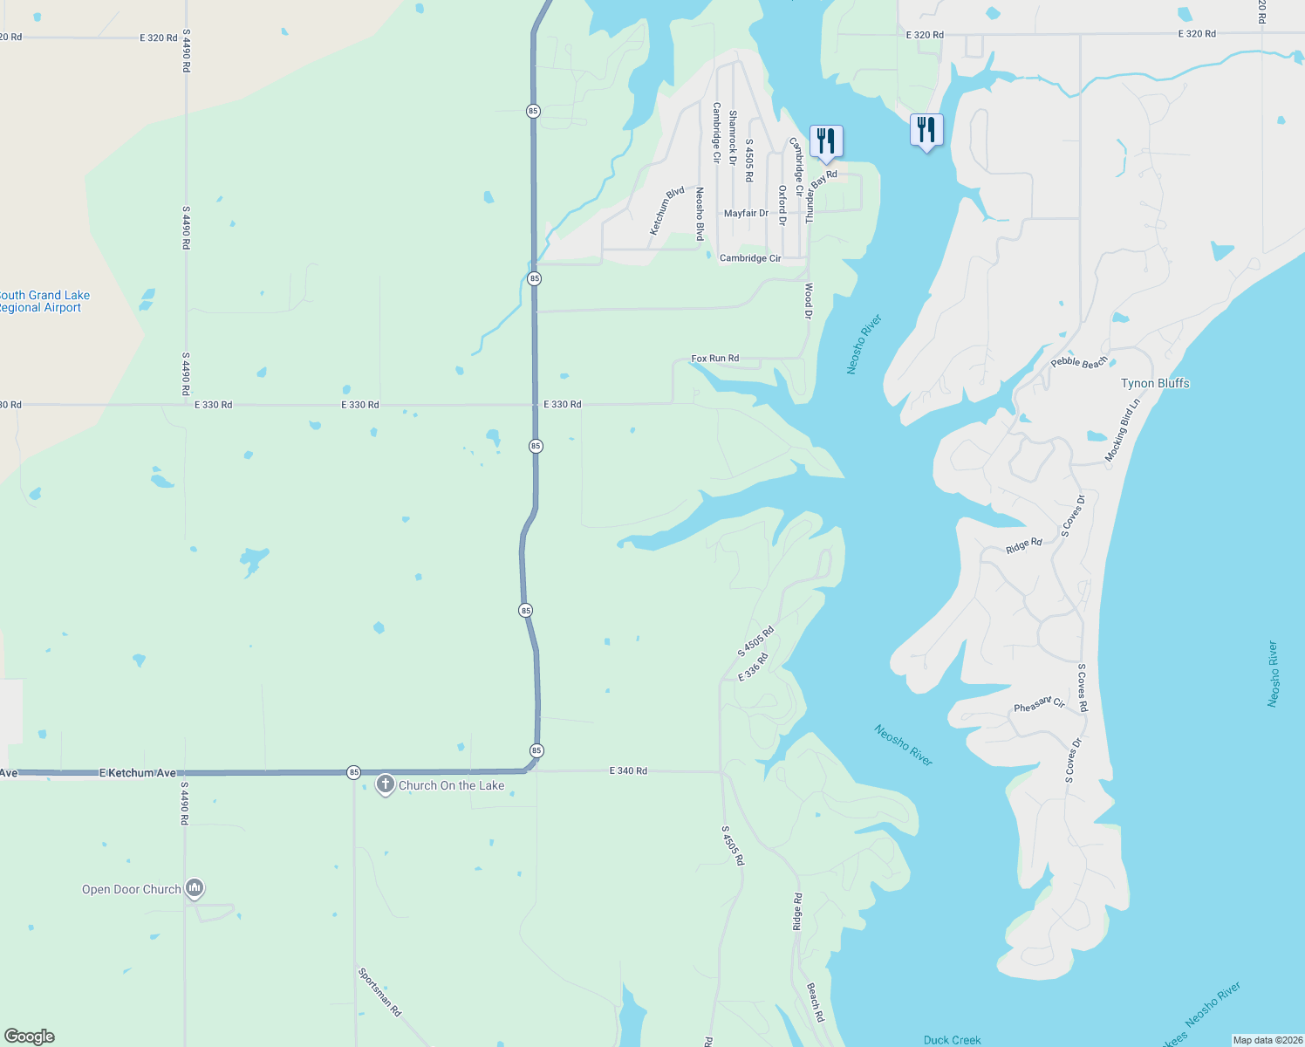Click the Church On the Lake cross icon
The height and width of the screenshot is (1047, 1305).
pos(385,784)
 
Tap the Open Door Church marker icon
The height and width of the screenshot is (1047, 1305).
pos(195,888)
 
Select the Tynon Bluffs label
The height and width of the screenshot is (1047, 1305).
pos(1155,383)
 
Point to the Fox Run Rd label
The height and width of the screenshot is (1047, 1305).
pos(714,359)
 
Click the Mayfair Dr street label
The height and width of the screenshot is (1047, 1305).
pos(746,214)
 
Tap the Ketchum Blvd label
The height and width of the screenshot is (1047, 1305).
pos(667,210)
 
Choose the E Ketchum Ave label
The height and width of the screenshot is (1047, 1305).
pos(138,773)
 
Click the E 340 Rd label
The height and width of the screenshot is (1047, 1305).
pos(628,771)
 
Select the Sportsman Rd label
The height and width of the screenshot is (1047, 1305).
pos(379,991)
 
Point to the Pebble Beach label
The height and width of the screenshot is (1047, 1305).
pos(1079,362)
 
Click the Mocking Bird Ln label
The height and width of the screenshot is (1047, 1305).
pos(1122,431)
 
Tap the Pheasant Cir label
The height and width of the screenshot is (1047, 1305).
pos(1039,704)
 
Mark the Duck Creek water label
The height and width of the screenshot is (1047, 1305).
pos(952,1040)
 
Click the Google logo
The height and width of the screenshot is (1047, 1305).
pos(30,1037)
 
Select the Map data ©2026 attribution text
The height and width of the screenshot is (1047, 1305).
pos(1267,1040)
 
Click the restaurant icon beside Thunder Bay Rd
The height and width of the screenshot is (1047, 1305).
pos(826,141)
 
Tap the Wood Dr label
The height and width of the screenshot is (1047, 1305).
pos(808,301)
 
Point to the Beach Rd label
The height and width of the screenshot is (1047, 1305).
pos(815,1003)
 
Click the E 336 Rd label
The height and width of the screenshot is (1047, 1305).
pos(753,667)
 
